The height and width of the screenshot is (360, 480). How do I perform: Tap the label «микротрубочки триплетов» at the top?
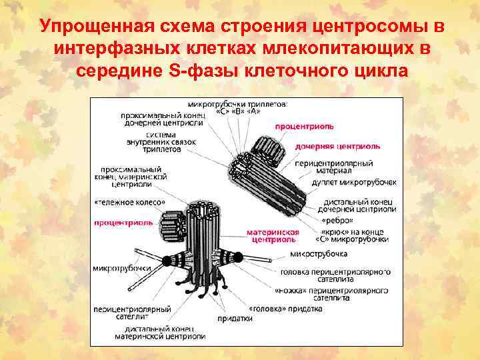[237, 107]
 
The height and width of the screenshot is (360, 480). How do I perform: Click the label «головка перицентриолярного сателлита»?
[335, 275]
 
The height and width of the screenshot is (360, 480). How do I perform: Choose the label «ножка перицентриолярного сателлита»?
[331, 295]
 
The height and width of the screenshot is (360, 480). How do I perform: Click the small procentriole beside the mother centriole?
[174, 225]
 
